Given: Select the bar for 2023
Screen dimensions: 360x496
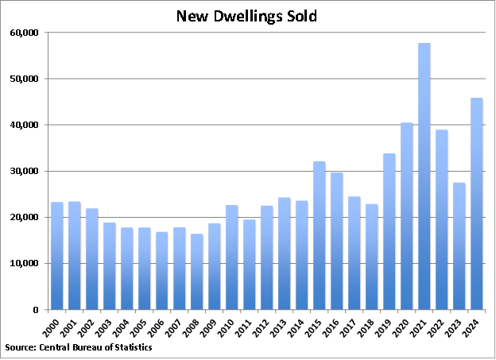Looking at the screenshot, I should pos(459,246).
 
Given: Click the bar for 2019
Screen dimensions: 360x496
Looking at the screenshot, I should pos(389,231).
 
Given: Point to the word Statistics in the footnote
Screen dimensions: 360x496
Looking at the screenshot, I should pos(130,347).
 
